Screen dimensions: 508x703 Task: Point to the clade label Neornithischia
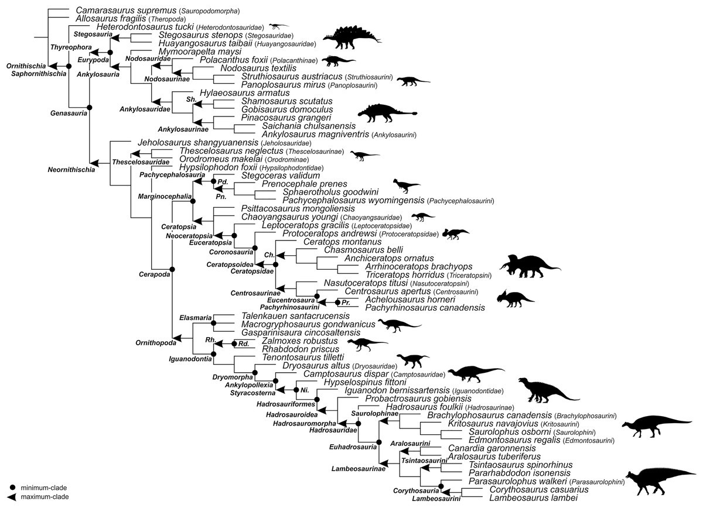pyautogui.click(x=69, y=170)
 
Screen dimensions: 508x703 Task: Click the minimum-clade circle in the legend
pyautogui.click(x=12, y=488)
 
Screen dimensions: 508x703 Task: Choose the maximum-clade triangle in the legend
pyautogui.click(x=12, y=497)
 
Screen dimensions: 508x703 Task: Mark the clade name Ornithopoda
pyautogui.click(x=152, y=343)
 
